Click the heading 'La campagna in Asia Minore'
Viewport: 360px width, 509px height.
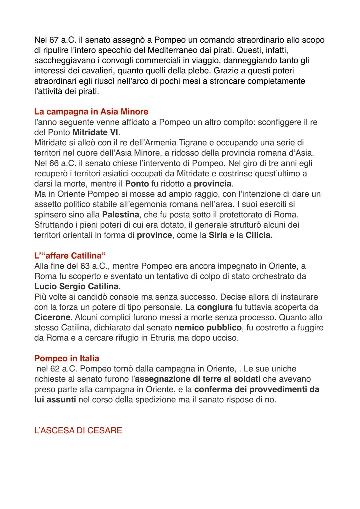(91, 112)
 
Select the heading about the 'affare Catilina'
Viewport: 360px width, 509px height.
(70, 256)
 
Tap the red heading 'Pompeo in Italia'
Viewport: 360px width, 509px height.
(67, 359)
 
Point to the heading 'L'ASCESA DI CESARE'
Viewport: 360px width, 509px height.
(78, 430)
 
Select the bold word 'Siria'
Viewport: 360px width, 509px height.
(218, 235)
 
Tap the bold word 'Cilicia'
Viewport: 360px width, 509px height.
(259, 235)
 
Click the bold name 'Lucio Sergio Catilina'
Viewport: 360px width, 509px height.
(77, 287)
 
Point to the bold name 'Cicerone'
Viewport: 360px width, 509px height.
(52, 317)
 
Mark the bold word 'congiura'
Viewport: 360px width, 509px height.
(215, 307)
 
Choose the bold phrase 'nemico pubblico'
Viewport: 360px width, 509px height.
(208, 328)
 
